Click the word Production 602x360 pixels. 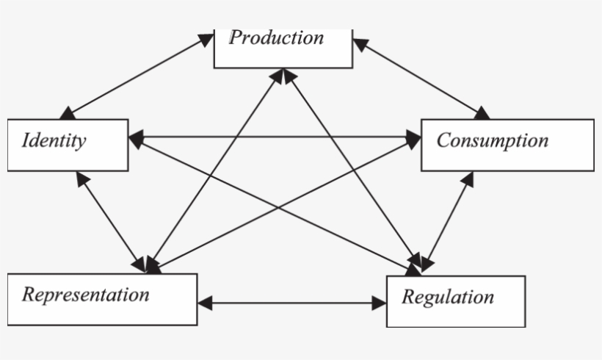[276, 38]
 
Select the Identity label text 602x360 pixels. [54, 140]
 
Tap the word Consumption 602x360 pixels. [492, 140]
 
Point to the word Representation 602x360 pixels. [85, 295]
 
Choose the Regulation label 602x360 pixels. [447, 298]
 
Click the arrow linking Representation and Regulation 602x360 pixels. [292, 303]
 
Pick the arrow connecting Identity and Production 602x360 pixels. [136, 76]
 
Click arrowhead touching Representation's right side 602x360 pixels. [205, 303]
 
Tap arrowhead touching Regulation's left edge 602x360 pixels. [380, 303]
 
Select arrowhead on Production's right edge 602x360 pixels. [360, 43]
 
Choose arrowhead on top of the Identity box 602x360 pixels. [68, 112]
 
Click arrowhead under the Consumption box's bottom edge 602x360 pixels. [467, 179]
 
